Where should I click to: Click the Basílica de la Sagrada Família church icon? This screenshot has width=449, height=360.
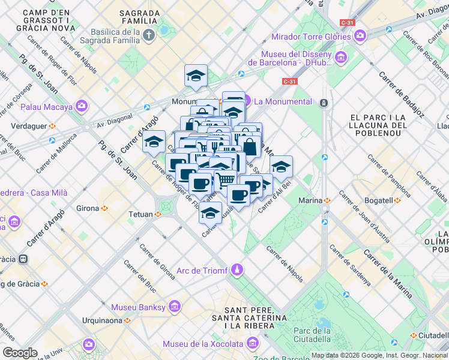pyautogui.click(x=149, y=34)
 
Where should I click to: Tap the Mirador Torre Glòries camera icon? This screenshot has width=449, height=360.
pyautogui.click(x=360, y=37)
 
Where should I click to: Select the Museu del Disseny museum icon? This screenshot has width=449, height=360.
pyautogui.click(x=341, y=57)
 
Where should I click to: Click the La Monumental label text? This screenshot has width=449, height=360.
pyautogui.click(x=283, y=101)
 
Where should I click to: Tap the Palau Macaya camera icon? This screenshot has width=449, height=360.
pyautogui.click(x=81, y=107)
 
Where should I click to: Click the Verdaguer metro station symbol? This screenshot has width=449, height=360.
pyautogui.click(x=52, y=126)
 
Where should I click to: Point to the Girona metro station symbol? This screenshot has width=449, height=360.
pyautogui.click(x=104, y=208)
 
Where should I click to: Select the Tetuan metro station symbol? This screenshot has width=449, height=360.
pyautogui.click(x=158, y=214)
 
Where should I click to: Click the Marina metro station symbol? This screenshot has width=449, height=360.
pyautogui.click(x=327, y=200)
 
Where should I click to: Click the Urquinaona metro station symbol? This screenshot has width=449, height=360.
pyautogui.click(x=127, y=320)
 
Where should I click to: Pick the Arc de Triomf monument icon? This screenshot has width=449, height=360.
pyautogui.click(x=238, y=270)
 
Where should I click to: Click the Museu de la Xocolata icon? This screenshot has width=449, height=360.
pyautogui.click(x=252, y=344)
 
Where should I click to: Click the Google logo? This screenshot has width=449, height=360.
pyautogui.click(x=20, y=353)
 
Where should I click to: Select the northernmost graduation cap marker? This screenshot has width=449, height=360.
pyautogui.click(x=196, y=76)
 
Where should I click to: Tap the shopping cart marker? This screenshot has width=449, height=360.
pyautogui.click(x=225, y=178)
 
